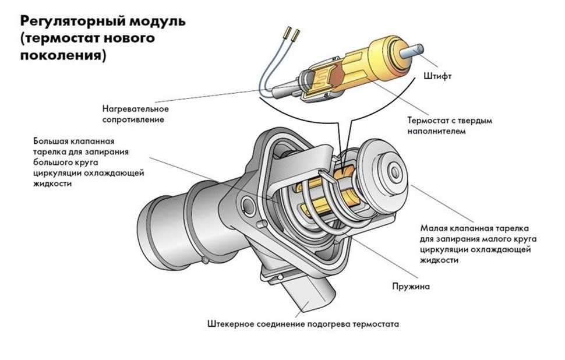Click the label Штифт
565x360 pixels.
tap(435, 76)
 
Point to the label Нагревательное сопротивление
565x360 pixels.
tap(135, 114)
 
